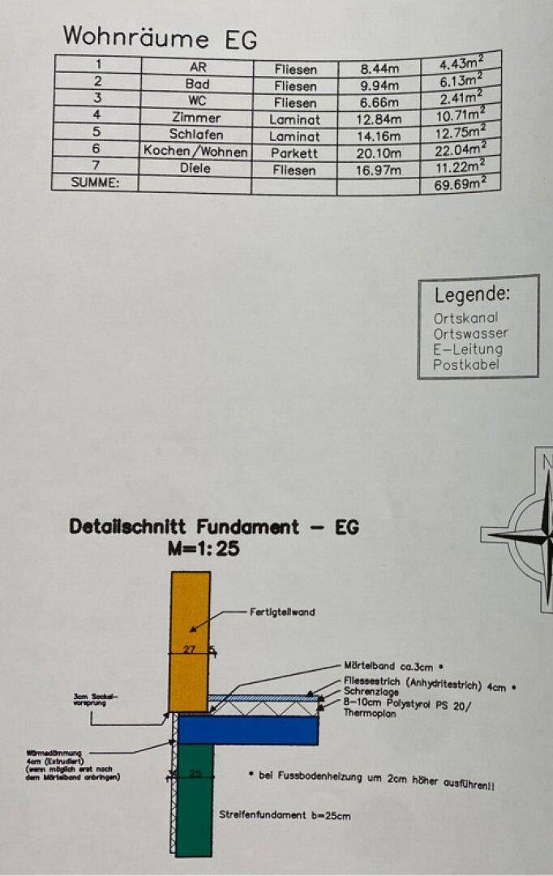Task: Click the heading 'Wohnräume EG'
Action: click(x=160, y=37)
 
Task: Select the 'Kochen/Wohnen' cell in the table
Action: click(x=196, y=152)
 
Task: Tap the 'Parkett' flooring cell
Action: click(x=294, y=152)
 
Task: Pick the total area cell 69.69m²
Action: click(x=461, y=185)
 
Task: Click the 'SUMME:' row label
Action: click(x=95, y=183)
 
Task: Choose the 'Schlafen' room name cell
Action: click(x=196, y=135)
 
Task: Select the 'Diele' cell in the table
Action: click(x=196, y=168)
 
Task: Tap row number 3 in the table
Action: click(x=98, y=100)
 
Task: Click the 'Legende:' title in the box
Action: click(x=473, y=294)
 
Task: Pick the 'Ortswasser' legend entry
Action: click(x=470, y=333)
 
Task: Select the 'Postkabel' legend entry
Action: click(x=466, y=365)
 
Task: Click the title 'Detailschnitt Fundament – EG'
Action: click(x=214, y=526)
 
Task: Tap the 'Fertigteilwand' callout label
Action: click(x=281, y=612)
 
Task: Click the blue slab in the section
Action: click(x=247, y=730)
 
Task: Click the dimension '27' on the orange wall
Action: click(x=190, y=649)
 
